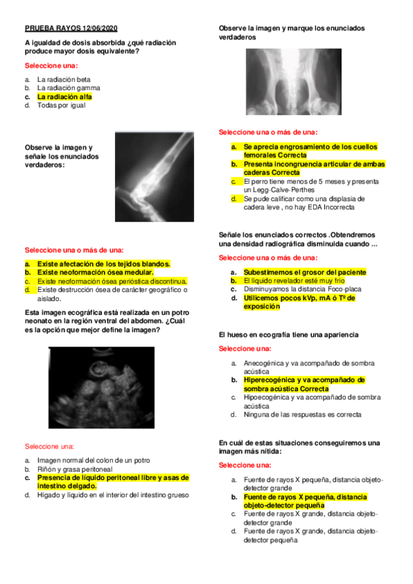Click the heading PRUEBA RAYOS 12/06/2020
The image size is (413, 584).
coord(72,28)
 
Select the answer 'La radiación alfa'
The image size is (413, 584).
coord(64,97)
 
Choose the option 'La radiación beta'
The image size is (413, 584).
coord(63,79)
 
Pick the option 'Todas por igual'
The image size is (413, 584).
coord(62,105)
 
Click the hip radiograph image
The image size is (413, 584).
coord(294,81)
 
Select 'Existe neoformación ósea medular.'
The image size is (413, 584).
coord(94,272)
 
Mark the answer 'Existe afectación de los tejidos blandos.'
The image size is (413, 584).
coord(104,264)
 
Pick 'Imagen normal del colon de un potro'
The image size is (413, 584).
coord(94,460)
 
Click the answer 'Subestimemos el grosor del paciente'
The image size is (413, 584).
coord(304,272)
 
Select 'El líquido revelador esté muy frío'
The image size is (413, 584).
coord(294,281)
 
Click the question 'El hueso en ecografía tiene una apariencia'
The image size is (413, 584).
coord(288,334)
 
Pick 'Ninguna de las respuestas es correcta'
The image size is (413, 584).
coord(302,415)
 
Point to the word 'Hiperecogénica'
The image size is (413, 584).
coord(269,379)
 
